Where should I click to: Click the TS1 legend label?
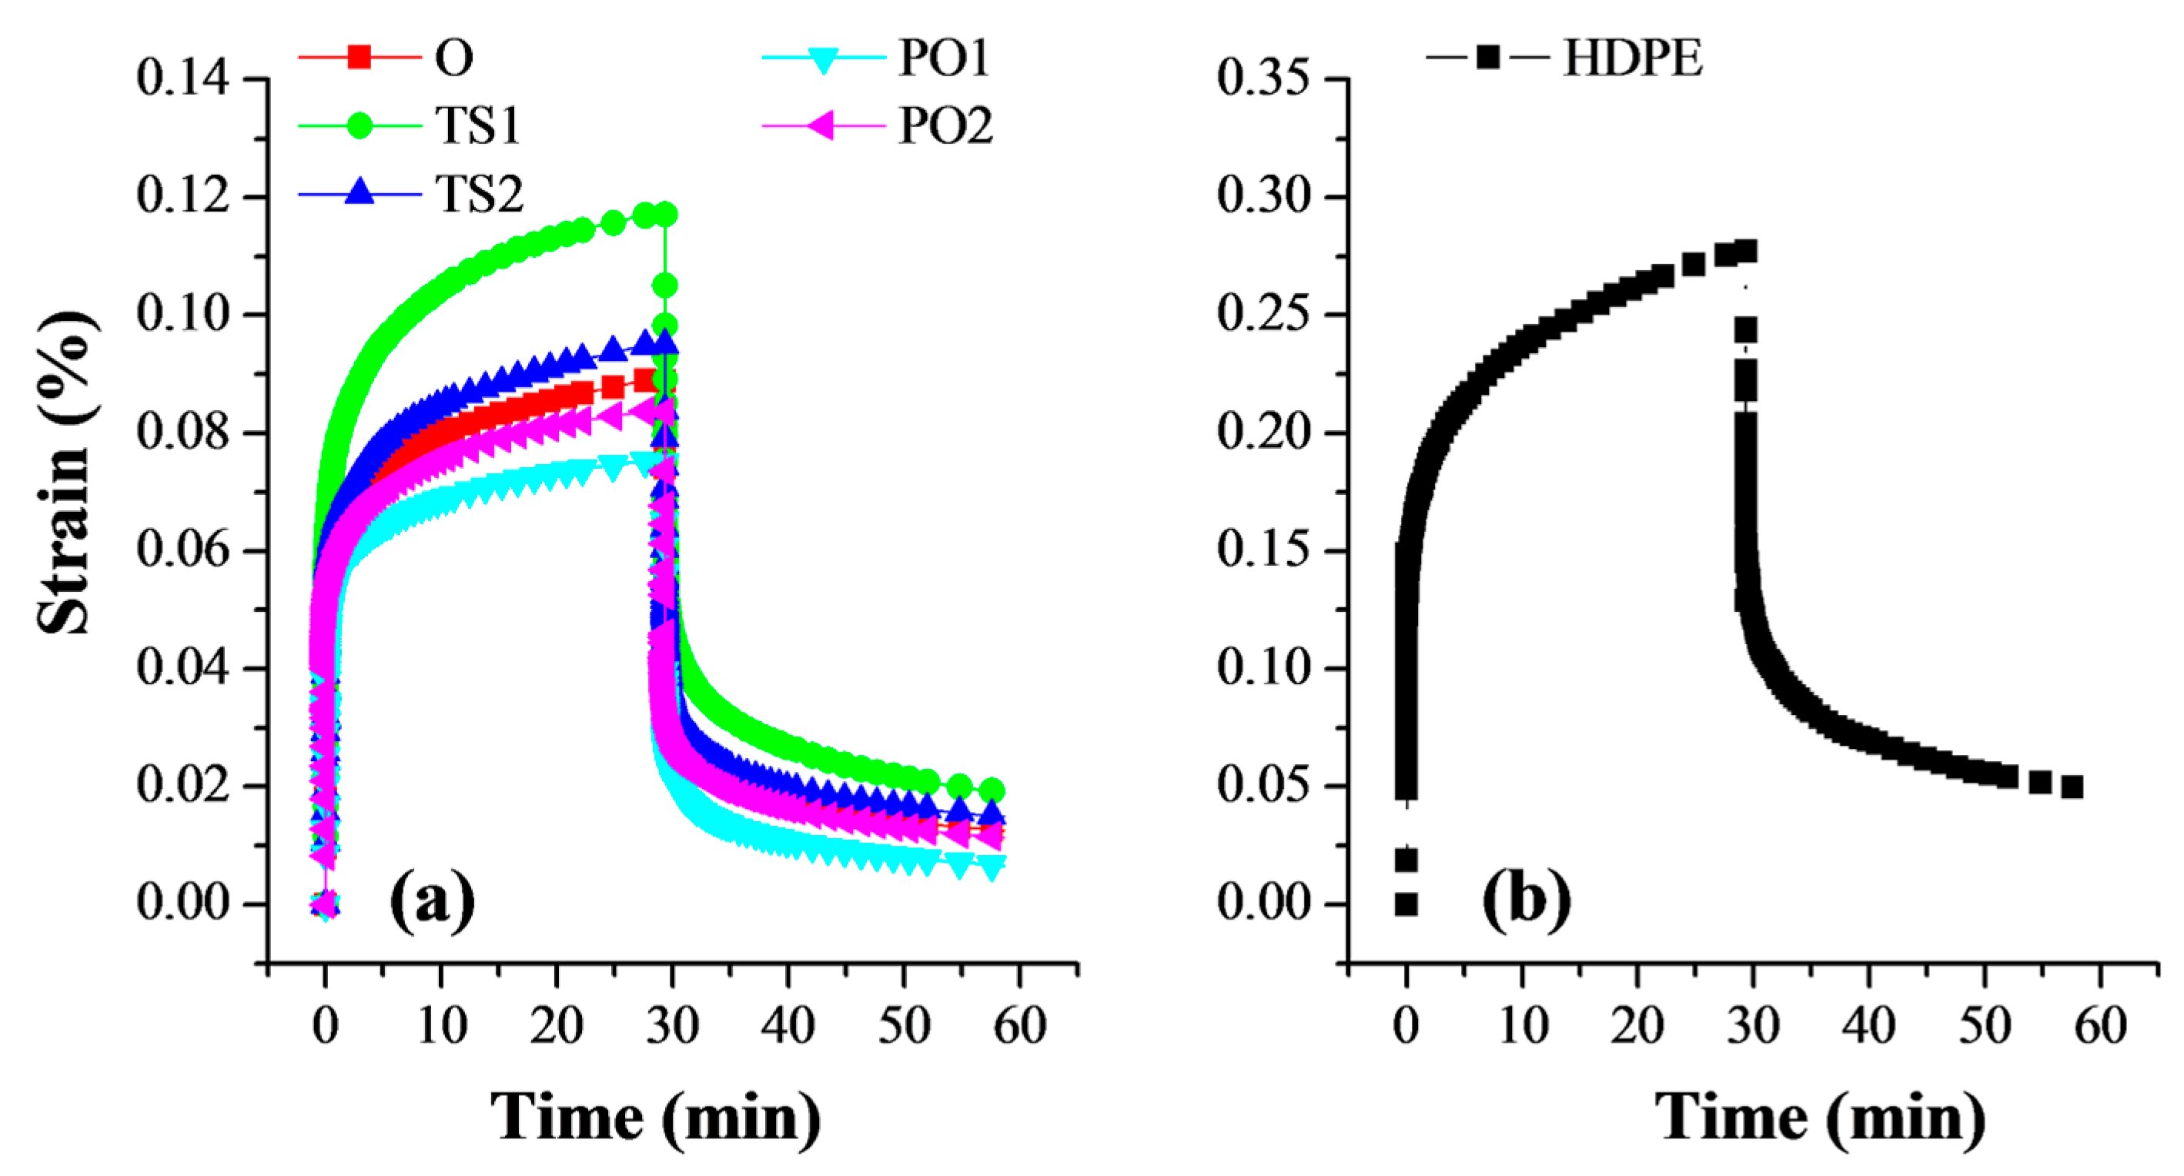point(477,125)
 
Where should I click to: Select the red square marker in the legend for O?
point(360,58)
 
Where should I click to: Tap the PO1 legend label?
point(944,58)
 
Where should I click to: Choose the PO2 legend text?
point(945,125)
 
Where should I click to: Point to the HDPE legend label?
point(1632,58)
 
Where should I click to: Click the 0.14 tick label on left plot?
point(182,78)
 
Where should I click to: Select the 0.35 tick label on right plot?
point(1263,78)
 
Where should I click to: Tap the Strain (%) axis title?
point(65,472)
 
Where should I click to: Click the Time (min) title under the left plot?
point(655,1117)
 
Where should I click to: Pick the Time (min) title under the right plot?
point(1819,1117)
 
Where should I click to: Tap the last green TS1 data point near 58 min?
point(991,790)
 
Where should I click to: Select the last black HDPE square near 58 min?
point(2072,787)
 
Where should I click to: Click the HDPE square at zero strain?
point(1406,904)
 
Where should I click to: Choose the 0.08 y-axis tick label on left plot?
point(182,433)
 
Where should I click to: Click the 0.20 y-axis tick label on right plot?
point(1263,433)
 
